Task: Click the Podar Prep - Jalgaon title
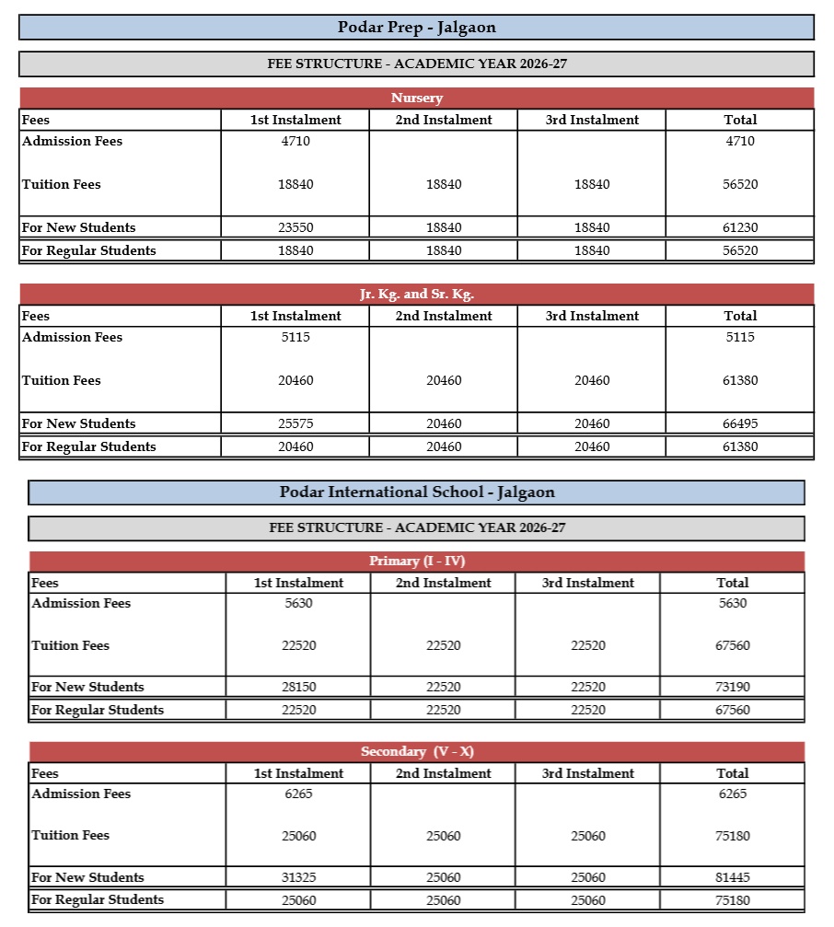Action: pos(416,28)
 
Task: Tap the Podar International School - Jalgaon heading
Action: pos(416,492)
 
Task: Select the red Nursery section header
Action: pos(416,98)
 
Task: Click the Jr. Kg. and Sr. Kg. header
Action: pos(416,294)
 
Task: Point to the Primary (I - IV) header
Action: pos(416,562)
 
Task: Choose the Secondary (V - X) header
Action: pos(416,752)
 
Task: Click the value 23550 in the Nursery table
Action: pos(295,227)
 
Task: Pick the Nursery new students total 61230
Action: pos(740,227)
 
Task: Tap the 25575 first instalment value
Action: pos(295,423)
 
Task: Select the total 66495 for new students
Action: pos(740,423)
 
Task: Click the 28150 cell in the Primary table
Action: pos(298,687)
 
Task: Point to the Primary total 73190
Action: pos(733,687)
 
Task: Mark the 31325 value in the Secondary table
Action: pos(298,877)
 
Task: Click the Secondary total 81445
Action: pos(733,877)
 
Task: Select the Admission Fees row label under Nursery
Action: pos(72,141)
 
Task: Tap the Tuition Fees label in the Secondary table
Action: pos(71,835)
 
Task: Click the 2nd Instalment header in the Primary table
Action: pos(444,583)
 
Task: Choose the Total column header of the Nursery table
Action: pos(740,120)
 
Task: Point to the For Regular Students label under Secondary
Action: pos(98,899)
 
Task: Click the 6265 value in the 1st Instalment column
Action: pos(298,794)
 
